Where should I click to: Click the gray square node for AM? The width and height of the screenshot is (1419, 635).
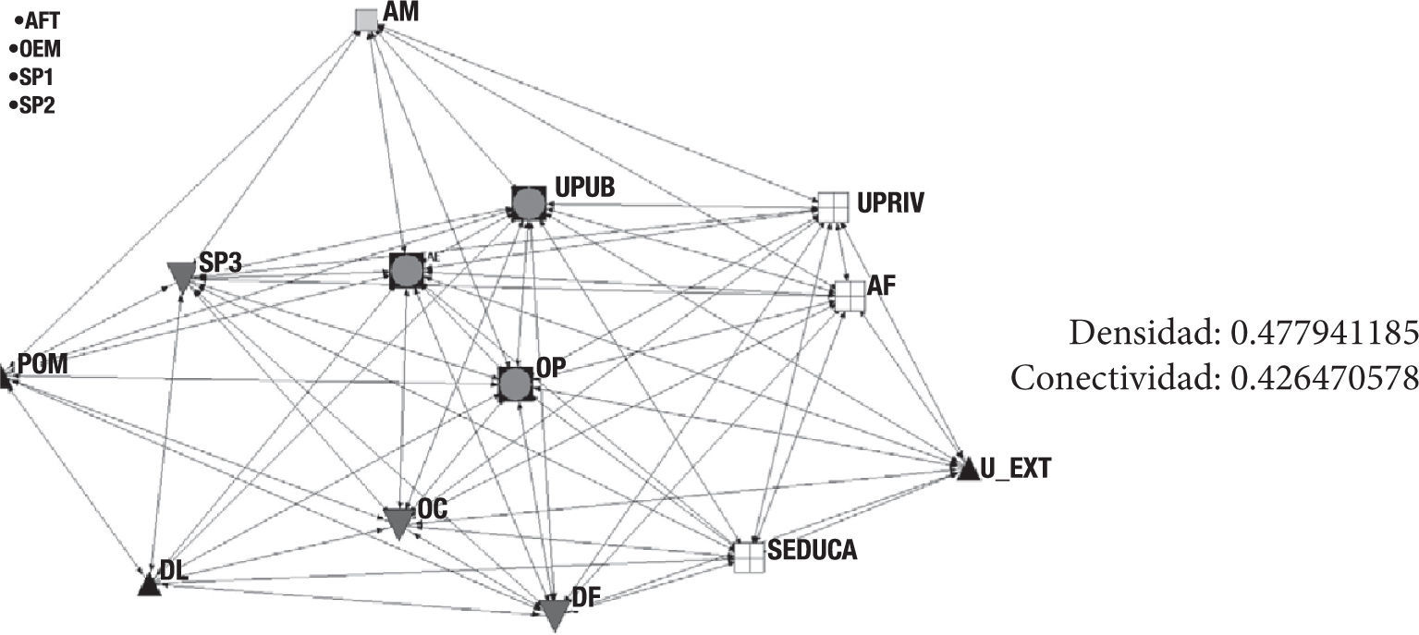click(367, 19)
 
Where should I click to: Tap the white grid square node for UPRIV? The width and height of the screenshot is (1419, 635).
click(832, 206)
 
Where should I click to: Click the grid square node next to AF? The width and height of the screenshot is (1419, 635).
click(848, 295)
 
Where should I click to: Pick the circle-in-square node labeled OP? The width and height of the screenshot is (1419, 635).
click(516, 383)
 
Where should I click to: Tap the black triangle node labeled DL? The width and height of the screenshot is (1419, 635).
click(148, 585)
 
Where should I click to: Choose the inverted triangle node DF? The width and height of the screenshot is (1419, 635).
click(553, 613)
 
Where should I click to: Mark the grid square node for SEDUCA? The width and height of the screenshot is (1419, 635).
click(749, 556)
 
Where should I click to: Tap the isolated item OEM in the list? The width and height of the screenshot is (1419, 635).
click(40, 50)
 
